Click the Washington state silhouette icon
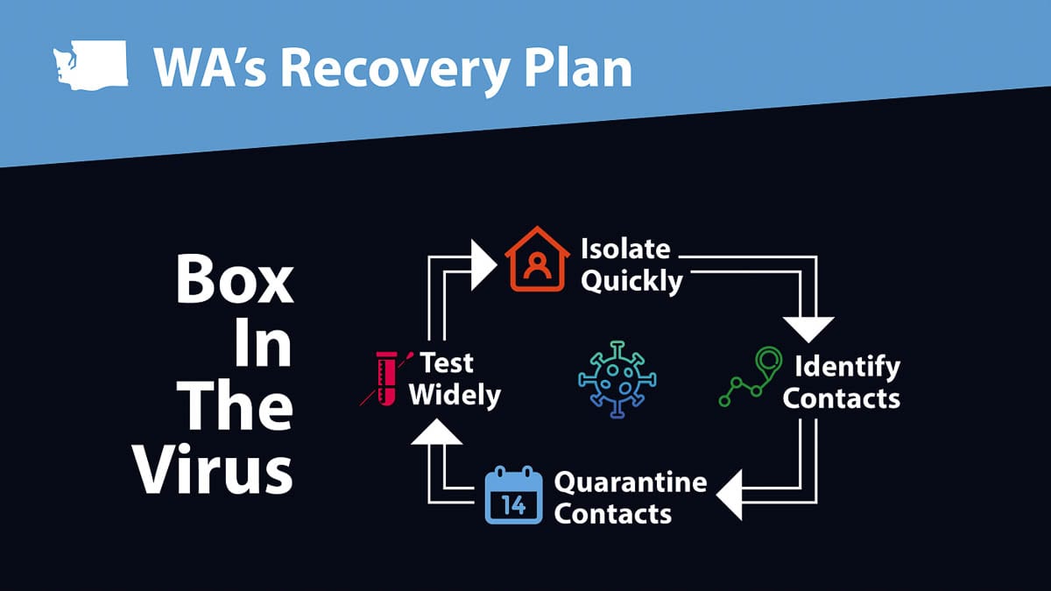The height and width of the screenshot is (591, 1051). pos(90,67)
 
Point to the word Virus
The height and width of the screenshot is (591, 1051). pos(214,470)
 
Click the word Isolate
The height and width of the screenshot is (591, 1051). pos(625,249)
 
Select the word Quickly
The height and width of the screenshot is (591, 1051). pos(631,282)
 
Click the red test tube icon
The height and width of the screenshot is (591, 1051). pos(383,377)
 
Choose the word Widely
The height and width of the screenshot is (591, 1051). pos(455,394)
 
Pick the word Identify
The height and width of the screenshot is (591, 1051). pos(847,365)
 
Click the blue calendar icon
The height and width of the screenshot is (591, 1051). pos(513,496)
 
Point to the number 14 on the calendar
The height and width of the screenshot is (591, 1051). pos(513,505)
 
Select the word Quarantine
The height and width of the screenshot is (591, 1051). pos(631,482)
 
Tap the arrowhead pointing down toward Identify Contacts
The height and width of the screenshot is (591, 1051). pos(808,328)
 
